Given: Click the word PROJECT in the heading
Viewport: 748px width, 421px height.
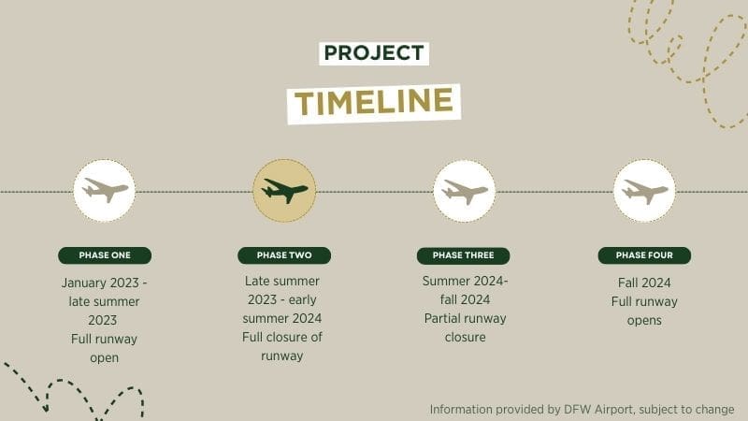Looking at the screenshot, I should pos(373,53).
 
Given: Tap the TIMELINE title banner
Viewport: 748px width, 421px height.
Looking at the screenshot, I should pos(374,101).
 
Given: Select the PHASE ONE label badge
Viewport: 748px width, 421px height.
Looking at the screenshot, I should pos(105,255).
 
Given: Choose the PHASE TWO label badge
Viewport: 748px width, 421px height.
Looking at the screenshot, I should pos(284,255).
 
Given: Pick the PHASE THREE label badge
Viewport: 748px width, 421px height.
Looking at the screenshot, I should pos(463,255).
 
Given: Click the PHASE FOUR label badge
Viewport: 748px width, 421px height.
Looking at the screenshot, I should pos(643,255).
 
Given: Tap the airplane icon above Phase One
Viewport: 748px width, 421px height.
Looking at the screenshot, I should pos(105,190).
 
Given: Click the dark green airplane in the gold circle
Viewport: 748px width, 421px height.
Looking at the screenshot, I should pos(284,190).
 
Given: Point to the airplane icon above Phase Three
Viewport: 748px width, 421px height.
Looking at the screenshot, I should pos(464,191).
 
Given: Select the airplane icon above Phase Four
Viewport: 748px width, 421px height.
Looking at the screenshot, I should pos(644,191).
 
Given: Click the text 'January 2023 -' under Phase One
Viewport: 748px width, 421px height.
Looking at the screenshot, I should pos(105,283).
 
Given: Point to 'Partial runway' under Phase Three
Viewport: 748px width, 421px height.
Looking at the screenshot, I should pos(465,318).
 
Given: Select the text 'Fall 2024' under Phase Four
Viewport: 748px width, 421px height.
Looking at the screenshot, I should pos(644,283).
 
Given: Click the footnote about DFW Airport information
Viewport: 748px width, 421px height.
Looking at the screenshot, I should pos(582,409).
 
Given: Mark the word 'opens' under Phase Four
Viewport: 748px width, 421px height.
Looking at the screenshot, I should pos(644,320).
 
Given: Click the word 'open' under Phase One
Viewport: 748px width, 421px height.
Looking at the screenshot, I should pos(105,357).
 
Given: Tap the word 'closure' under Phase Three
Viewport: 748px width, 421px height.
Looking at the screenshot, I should pos(465,337).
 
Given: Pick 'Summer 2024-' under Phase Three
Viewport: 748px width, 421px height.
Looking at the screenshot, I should pos(465,281).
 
